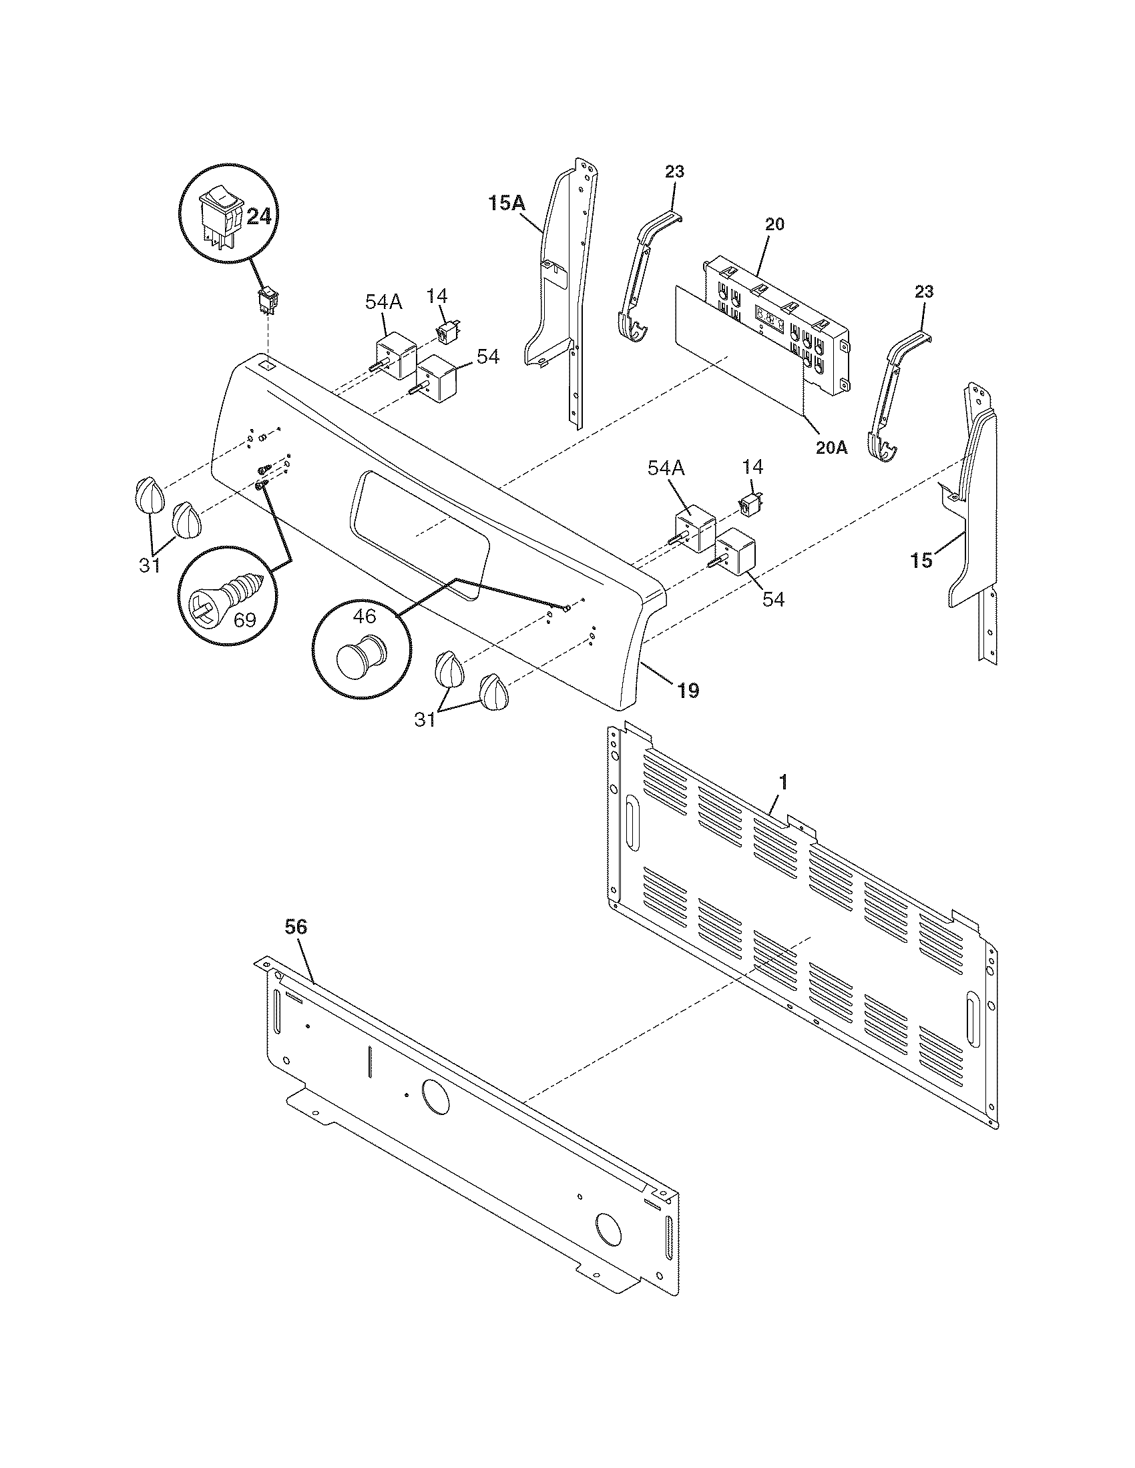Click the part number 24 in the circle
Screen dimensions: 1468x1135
(258, 216)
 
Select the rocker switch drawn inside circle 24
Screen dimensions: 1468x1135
(219, 216)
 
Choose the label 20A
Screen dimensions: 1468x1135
(831, 448)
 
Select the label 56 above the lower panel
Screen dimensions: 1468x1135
(296, 927)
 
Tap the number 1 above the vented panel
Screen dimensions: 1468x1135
(782, 783)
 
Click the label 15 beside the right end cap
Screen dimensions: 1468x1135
(922, 560)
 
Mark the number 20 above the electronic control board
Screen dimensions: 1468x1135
(774, 224)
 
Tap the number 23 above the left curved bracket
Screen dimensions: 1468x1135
(674, 171)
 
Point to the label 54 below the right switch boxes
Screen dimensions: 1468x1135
(773, 599)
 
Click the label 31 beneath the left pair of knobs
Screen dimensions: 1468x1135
(150, 565)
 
